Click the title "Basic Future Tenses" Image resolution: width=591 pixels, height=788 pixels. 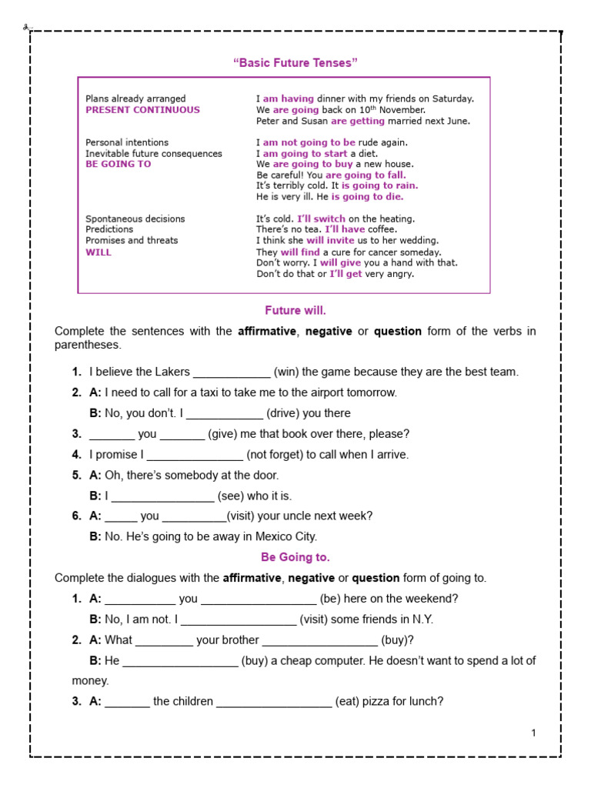(x=295, y=62)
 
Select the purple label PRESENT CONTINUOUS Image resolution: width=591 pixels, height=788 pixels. (x=142, y=110)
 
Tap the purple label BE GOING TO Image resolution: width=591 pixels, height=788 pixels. (x=119, y=164)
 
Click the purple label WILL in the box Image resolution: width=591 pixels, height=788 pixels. (x=98, y=252)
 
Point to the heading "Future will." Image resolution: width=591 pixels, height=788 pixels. (x=295, y=311)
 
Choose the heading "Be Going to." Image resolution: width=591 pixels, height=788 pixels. (x=295, y=557)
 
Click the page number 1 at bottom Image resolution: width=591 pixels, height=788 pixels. (x=533, y=733)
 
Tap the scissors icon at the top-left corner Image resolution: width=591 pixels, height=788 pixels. (x=25, y=28)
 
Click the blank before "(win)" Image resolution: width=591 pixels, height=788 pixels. (x=232, y=372)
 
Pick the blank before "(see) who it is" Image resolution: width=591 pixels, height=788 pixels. (x=162, y=497)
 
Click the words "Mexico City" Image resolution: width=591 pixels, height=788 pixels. (x=285, y=537)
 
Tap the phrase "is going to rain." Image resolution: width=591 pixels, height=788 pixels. (x=380, y=185)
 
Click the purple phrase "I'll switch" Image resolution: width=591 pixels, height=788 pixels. (x=321, y=219)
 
